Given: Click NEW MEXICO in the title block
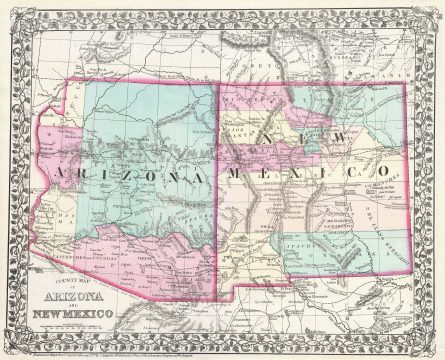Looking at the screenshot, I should [x=85, y=317].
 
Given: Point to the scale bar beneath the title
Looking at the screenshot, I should [x=85, y=327].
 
